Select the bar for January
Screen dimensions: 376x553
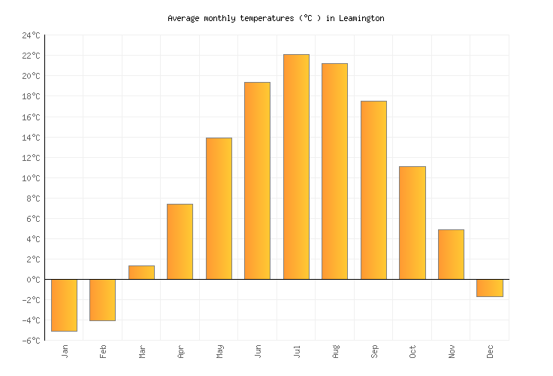(x=64, y=305)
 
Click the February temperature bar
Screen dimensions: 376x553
(x=102, y=300)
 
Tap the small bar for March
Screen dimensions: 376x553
(x=141, y=272)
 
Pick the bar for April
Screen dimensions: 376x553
(x=180, y=241)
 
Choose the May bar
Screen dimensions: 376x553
(x=219, y=208)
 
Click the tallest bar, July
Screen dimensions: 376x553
(x=296, y=167)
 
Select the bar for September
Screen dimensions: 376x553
(x=373, y=190)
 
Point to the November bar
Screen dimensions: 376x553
(x=451, y=254)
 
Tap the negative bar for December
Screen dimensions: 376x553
(x=490, y=288)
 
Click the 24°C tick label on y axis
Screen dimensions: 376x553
(x=31, y=35)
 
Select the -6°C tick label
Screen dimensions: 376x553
(x=31, y=341)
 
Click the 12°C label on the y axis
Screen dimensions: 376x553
(x=31, y=158)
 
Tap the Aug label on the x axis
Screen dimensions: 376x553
(x=335, y=351)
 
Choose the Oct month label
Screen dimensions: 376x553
(x=412, y=351)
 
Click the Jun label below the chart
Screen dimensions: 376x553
(x=258, y=351)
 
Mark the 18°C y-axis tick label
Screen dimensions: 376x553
(x=31, y=96)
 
